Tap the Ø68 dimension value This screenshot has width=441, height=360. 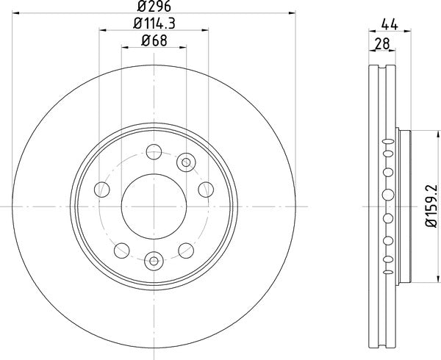point(154,40)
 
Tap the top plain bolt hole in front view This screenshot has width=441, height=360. point(154,152)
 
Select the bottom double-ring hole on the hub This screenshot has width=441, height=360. point(154,259)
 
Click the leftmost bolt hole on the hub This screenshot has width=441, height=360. point(101,190)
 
